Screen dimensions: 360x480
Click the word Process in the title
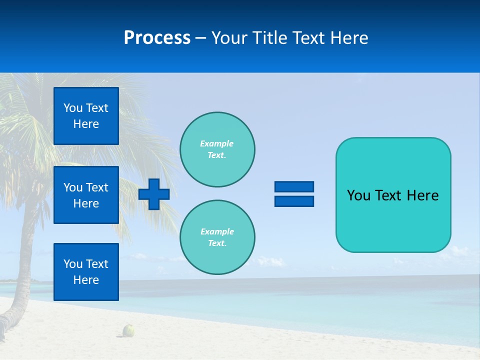pyautogui.click(x=157, y=38)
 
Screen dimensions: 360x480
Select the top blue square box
pyautogui.click(x=86, y=116)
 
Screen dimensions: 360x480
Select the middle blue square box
pyautogui.click(x=86, y=195)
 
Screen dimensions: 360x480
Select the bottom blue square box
pyautogui.click(x=86, y=272)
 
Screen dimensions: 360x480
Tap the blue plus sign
pyautogui.click(x=154, y=194)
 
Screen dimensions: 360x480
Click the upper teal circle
pyautogui.click(x=217, y=149)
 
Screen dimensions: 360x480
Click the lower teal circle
pyautogui.click(x=217, y=237)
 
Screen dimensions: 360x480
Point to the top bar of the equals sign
pyautogui.click(x=294, y=186)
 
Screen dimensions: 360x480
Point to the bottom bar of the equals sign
pyautogui.click(x=294, y=201)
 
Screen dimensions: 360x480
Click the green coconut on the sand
pyautogui.click(x=129, y=330)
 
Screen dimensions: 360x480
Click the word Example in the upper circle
pyautogui.click(x=216, y=143)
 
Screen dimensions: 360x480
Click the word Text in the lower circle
pyautogui.click(x=216, y=243)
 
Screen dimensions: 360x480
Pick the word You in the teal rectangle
pyautogui.click(x=357, y=195)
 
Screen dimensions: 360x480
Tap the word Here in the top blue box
pyautogui.click(x=86, y=124)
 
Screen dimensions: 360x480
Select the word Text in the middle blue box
pyautogui.click(x=97, y=187)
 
